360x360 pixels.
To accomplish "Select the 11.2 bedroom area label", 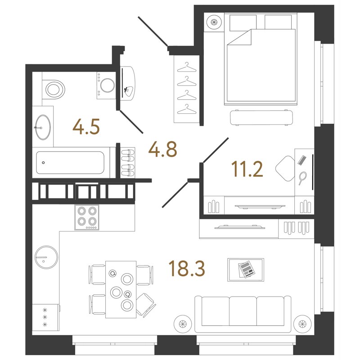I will point(247,169).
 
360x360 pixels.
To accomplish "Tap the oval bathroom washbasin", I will point(43,126).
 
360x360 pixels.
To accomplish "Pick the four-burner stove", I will point(87,217).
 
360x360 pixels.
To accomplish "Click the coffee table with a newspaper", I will point(246,270).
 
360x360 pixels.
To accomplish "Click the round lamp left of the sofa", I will point(182,323).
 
